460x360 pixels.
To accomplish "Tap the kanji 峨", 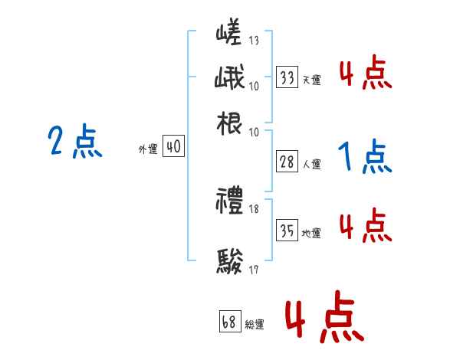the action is [229, 78].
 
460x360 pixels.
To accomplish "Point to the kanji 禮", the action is [229, 203].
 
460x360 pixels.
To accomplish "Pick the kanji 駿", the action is [229, 261].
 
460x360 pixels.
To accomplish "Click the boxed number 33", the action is [287, 77].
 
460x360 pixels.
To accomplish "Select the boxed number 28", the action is [287, 162].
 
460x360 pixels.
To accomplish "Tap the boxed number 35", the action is [287, 231].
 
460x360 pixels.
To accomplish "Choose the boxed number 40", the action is [174, 148].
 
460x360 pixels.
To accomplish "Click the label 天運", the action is [311, 80].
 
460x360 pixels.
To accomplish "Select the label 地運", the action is [311, 233].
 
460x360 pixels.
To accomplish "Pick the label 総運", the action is [255, 324].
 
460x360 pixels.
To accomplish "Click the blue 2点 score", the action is [75, 142].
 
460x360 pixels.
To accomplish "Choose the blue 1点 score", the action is [365, 157].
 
